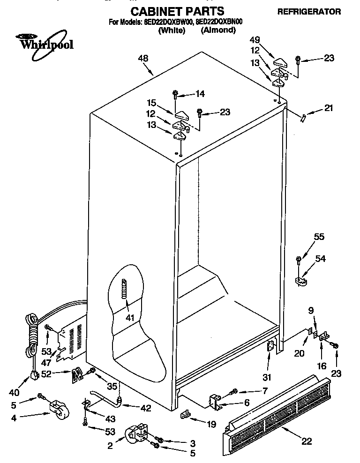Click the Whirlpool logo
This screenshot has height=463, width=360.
click(45, 41)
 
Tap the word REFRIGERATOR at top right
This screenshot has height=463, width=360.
click(315, 12)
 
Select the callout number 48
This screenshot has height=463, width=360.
click(143, 59)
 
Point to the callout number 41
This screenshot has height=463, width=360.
click(130, 318)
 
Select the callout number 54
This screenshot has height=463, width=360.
click(320, 259)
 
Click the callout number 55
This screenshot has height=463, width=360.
click(319, 237)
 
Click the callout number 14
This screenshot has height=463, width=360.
click(200, 94)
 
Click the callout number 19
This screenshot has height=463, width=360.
click(211, 424)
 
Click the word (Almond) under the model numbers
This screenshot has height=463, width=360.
click(218, 30)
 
